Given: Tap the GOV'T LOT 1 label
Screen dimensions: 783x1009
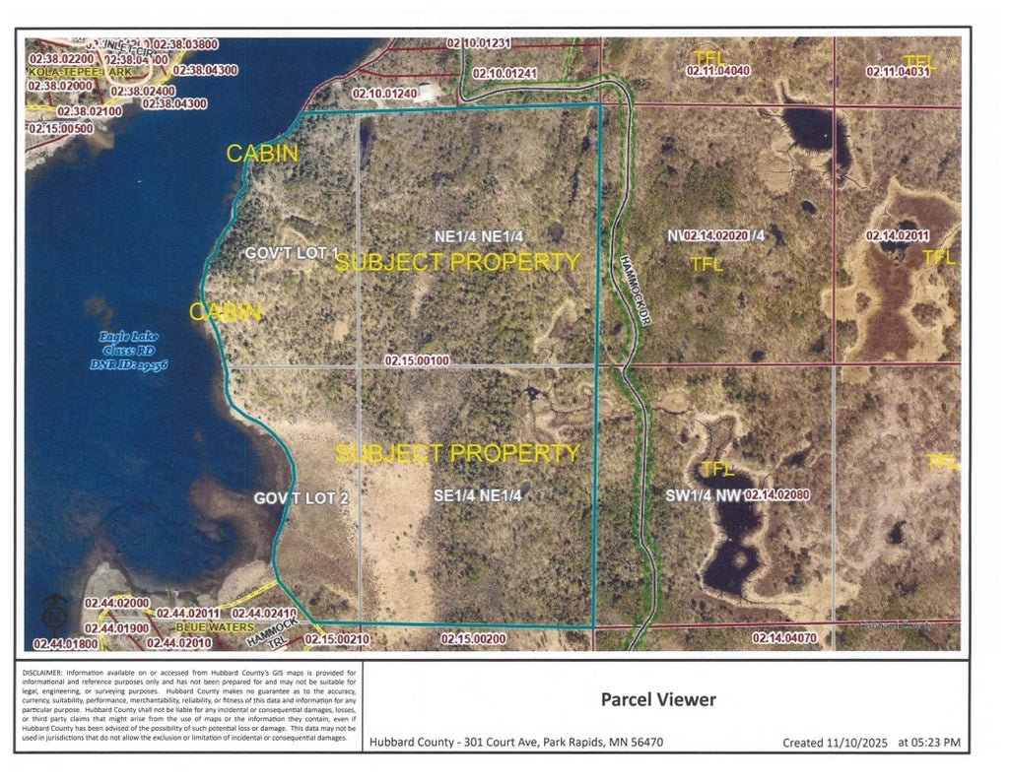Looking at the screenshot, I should click(x=292, y=253).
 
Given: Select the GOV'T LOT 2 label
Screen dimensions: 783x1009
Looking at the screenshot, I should click(x=302, y=498).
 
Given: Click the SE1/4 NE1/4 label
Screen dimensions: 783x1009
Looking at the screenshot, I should click(x=477, y=496).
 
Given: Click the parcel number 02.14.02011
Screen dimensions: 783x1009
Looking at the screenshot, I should click(x=898, y=235).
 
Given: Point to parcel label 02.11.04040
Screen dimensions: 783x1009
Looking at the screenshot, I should click(x=719, y=71).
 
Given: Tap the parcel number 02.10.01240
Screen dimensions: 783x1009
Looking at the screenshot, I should click(x=379, y=93).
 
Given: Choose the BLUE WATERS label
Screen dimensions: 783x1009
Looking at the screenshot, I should click(x=215, y=627).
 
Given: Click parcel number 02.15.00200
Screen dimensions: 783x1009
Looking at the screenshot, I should click(x=473, y=639).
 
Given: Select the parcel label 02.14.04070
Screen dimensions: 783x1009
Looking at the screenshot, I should click(x=785, y=638).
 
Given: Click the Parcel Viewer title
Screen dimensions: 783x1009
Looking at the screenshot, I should click(x=658, y=700).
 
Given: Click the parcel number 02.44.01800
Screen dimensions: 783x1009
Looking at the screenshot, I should click(x=66, y=643).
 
